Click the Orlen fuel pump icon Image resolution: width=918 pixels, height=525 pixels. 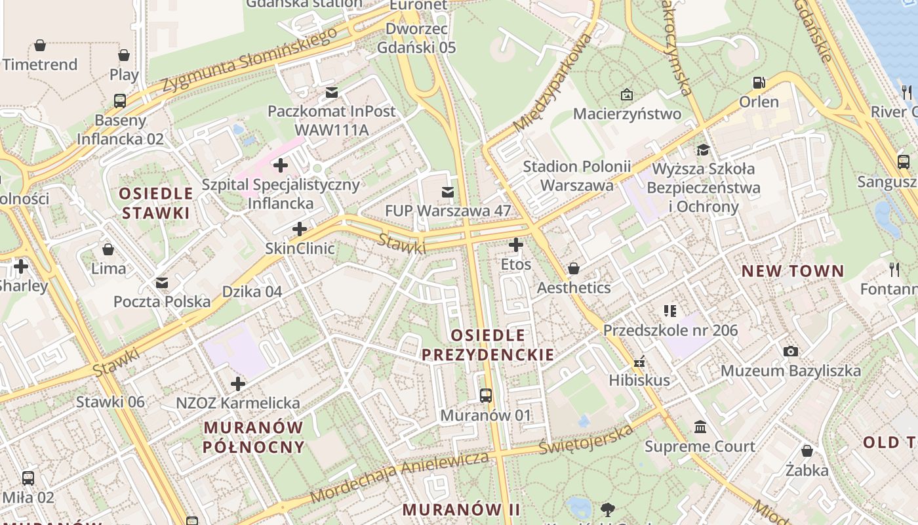click(759, 83)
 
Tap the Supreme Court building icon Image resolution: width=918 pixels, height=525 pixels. click(700, 427)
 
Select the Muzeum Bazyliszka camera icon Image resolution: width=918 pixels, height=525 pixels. click(791, 351)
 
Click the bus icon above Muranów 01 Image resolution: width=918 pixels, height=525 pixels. click(485, 396)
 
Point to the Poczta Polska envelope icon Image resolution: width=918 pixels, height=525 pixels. click(161, 282)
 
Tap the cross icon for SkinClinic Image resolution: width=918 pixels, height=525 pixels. click(300, 229)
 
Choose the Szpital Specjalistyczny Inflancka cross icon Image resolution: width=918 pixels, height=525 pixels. click(281, 165)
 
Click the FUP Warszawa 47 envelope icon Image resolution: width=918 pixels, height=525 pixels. click(448, 192)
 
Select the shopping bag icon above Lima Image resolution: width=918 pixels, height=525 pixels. click(108, 249)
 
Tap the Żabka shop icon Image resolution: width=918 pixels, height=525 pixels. click(807, 451)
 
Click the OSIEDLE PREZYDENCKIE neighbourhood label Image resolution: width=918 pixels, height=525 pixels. click(487, 345)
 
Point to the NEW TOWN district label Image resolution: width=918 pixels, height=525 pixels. click(793, 271)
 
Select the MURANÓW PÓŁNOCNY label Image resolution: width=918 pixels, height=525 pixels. click(253, 437)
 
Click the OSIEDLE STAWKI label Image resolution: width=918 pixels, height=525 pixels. click(156, 203)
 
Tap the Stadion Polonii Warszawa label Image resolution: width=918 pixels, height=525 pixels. click(576, 176)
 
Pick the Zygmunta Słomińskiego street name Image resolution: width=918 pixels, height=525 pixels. click(249, 60)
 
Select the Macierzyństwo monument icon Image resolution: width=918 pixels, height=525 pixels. click(627, 94)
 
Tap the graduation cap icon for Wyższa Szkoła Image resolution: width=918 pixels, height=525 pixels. click(703, 150)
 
